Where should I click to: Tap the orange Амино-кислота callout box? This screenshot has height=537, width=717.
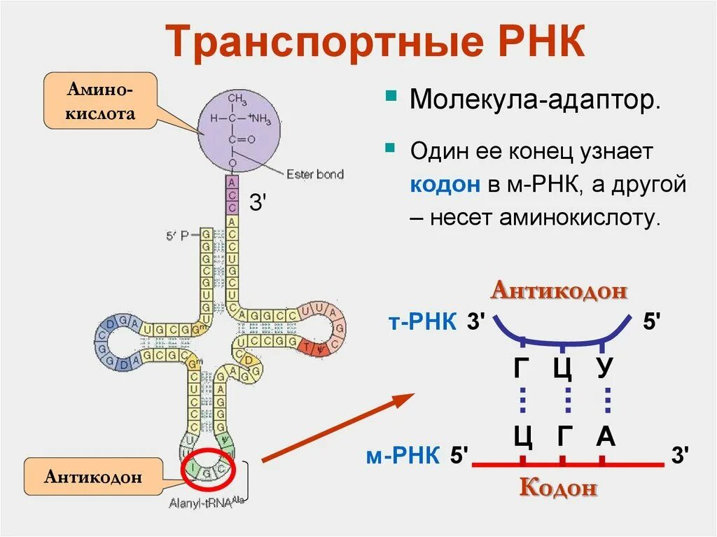coord(100,101)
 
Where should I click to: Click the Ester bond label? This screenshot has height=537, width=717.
coord(315,174)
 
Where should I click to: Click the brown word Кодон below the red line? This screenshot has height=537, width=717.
coord(558,487)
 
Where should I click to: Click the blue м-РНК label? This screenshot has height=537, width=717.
coord(403,456)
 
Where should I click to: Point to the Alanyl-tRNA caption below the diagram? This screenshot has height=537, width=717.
coord(203,501)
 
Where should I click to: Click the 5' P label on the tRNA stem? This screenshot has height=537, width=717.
coord(177,236)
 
